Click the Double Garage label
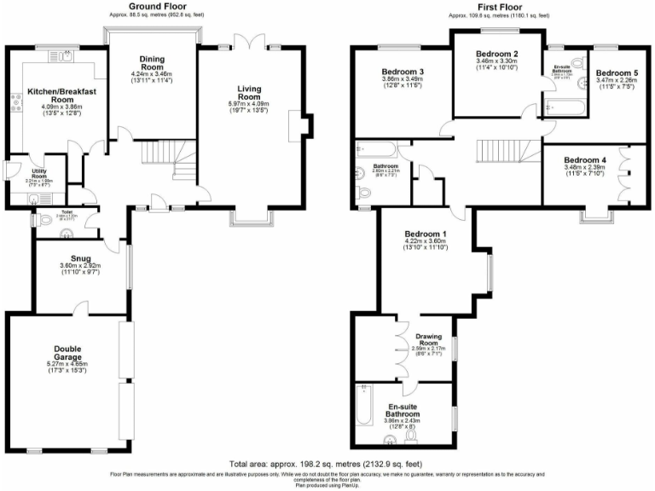click(x=67, y=353)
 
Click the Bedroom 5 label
click(x=617, y=72)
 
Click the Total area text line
click(x=327, y=463)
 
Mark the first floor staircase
click(x=503, y=152)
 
